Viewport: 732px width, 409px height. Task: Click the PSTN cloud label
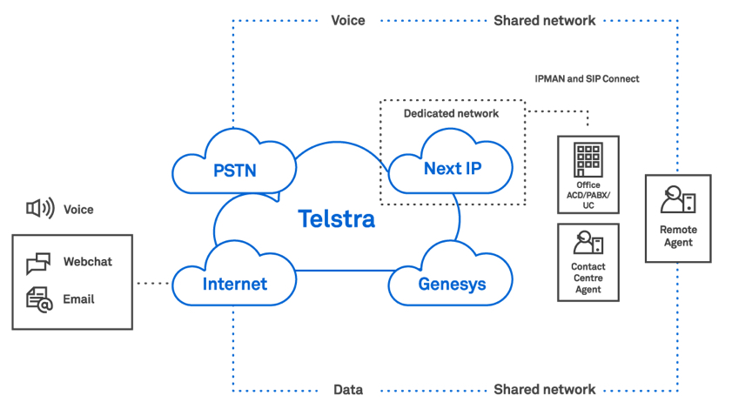tap(235, 169)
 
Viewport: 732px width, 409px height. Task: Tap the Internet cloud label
tap(235, 284)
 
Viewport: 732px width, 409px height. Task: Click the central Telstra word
tap(337, 218)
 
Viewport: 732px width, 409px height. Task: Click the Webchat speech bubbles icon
tap(39, 262)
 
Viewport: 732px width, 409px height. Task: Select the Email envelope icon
tap(39, 299)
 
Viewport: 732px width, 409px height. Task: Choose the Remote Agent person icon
tap(677, 201)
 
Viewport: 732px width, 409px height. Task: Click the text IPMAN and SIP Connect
tap(587, 78)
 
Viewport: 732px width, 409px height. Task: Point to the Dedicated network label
tap(451, 114)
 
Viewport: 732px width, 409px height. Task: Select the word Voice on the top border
tap(348, 20)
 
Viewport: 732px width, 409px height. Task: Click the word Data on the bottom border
tap(348, 390)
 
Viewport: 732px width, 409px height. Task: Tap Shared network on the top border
tap(544, 20)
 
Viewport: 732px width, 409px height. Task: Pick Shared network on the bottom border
tap(544, 390)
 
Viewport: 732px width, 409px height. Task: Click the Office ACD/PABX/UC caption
tap(588, 197)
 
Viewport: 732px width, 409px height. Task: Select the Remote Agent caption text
tap(677, 236)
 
